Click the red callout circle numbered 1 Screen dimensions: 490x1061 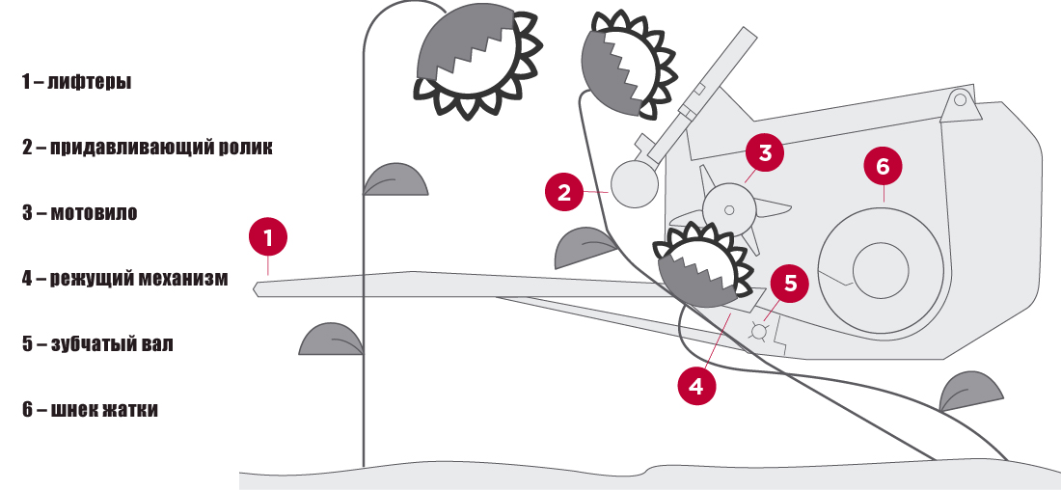[268, 236]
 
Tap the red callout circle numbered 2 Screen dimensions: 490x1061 [564, 191]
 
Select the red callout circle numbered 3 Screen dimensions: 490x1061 [765, 152]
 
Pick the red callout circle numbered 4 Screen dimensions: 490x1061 [696, 386]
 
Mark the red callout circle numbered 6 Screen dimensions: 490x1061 [883, 166]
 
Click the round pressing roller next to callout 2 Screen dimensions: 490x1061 [636, 183]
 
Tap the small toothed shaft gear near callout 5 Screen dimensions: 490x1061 [759, 332]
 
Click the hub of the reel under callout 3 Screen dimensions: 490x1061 [730, 208]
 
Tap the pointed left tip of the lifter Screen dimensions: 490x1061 [258, 288]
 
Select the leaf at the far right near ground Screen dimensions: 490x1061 [970, 392]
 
